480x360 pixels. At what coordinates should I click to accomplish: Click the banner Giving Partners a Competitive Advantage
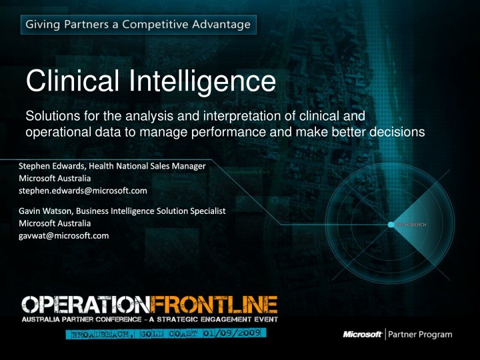click(137, 25)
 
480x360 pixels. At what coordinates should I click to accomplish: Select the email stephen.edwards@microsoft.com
click(83, 191)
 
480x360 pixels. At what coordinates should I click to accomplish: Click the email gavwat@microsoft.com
click(64, 235)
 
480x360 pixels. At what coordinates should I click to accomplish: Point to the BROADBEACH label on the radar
click(413, 225)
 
